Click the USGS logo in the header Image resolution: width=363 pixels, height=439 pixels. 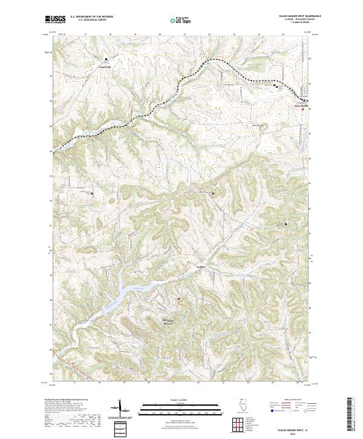pyautogui.click(x=55, y=19)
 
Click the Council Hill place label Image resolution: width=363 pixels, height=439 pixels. pyautogui.click(x=106, y=67)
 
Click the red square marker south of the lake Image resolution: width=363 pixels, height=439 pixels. pyautogui.click(x=178, y=297)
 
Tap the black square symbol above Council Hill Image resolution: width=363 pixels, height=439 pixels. pyautogui.click(x=106, y=59)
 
